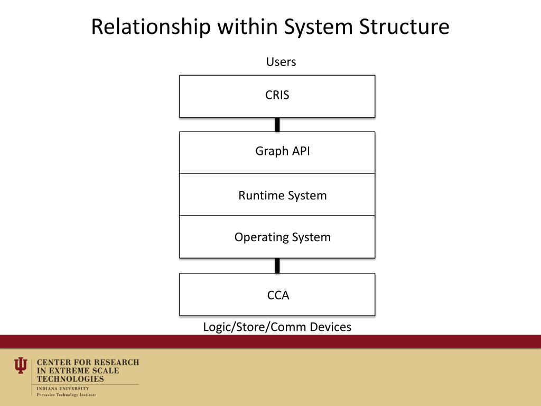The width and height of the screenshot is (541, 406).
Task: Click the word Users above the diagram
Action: pyautogui.click(x=281, y=62)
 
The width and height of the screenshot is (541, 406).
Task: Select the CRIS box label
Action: pyautogui.click(x=277, y=96)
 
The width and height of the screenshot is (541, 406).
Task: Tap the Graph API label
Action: pyautogui.click(x=283, y=151)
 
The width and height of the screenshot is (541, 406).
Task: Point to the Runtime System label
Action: pyautogui.click(x=283, y=196)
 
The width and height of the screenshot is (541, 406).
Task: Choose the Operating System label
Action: pyautogui.click(x=283, y=237)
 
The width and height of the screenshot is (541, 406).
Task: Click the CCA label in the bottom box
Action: pyautogui.click(x=278, y=296)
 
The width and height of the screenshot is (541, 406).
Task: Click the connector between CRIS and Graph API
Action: pyautogui.click(x=277, y=125)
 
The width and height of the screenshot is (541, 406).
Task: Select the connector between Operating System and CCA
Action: pyautogui.click(x=277, y=265)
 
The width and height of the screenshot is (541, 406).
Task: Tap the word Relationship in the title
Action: pyautogui.click(x=151, y=27)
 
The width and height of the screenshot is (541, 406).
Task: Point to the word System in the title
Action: pyautogui.click(x=319, y=27)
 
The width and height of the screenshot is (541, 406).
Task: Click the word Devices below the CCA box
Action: pyautogui.click(x=331, y=327)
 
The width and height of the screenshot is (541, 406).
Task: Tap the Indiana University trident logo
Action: pyautogui.click(x=21, y=365)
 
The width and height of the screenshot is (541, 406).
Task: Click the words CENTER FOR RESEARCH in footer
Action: pyautogui.click(x=88, y=363)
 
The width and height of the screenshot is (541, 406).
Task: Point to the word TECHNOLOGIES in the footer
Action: pyautogui.click(x=70, y=379)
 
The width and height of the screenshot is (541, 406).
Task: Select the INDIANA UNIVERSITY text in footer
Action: pyautogui.click(x=63, y=389)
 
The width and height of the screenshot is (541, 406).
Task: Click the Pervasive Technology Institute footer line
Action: pyautogui.click(x=67, y=395)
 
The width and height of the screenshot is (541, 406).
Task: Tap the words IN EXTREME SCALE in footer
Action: pyautogui.click(x=78, y=371)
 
